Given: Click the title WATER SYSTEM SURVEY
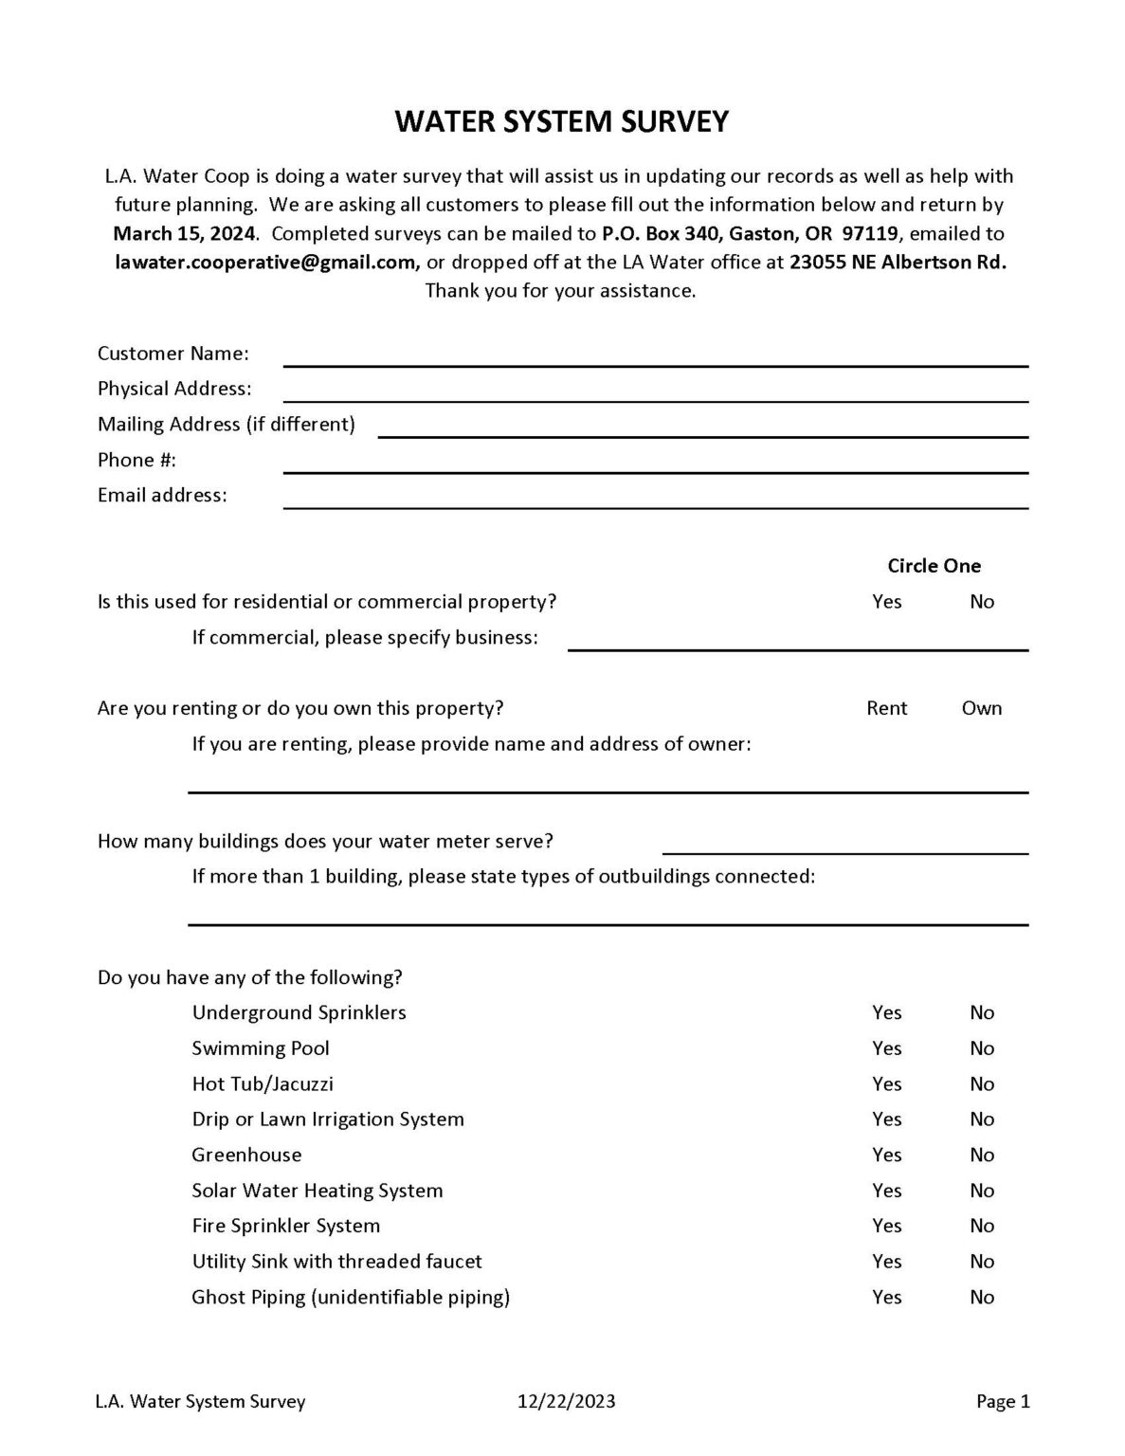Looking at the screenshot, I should click(562, 122).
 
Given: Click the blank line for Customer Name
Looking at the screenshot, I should click(655, 358).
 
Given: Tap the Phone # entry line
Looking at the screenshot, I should click(655, 464).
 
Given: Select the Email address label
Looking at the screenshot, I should click(162, 496).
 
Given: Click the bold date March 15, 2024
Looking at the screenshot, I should click(184, 234).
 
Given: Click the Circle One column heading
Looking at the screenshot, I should click(934, 566).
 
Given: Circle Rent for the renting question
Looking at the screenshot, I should click(886, 708).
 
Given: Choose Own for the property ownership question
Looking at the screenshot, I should click(981, 708).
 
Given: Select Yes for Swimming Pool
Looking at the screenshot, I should click(886, 1048).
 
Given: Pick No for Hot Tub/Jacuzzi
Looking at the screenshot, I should click(981, 1084).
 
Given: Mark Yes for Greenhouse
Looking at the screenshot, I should click(886, 1156).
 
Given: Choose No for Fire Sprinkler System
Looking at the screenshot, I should click(981, 1227).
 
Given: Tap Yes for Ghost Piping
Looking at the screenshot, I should click(886, 1298).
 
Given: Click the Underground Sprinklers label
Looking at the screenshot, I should click(299, 1013).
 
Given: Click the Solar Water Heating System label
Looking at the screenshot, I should click(317, 1191).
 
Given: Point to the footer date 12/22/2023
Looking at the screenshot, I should click(566, 1402).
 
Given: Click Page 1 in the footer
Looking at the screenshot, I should click(1003, 1402).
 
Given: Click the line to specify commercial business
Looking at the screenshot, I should click(797, 643).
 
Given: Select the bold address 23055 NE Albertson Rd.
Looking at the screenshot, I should click(898, 263).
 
